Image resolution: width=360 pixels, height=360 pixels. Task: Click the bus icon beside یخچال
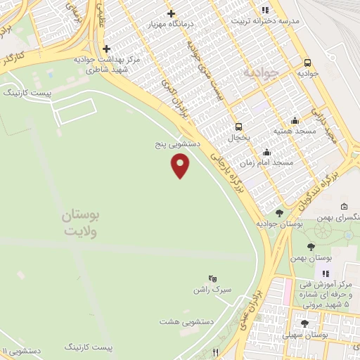(238, 127)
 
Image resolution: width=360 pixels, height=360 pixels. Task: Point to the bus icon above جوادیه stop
(307, 61)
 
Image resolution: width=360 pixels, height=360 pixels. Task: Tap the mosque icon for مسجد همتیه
(294, 120)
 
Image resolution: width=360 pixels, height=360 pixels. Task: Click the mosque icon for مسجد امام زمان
(266, 152)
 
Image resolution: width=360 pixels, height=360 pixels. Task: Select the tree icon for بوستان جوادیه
(279, 213)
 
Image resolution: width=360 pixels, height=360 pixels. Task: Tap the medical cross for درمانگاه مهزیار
(172, 13)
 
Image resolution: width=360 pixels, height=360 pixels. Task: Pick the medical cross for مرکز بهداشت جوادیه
(105, 49)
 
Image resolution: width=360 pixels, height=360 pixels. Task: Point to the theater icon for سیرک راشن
(214, 278)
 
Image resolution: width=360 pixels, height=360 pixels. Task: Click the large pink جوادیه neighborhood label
(262, 72)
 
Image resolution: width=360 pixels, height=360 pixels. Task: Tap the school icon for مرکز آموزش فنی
(325, 273)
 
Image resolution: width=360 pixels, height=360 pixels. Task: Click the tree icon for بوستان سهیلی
(304, 323)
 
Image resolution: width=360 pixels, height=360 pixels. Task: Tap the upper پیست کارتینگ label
(28, 92)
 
